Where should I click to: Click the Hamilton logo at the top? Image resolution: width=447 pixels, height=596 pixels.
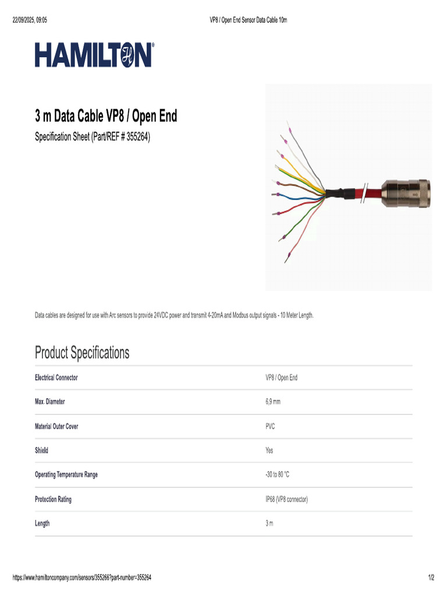(x=94, y=55)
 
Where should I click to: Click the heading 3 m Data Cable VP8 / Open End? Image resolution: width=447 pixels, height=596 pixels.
(x=105, y=116)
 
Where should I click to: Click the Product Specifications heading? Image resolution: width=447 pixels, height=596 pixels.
(x=82, y=352)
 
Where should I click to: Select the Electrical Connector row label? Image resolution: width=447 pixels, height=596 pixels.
(x=56, y=378)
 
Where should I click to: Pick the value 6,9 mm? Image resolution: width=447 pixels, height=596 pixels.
(x=273, y=402)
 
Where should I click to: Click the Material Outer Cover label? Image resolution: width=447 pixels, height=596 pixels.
(x=56, y=426)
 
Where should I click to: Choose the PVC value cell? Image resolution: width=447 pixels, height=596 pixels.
(x=270, y=426)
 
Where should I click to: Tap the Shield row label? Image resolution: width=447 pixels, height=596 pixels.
(x=41, y=450)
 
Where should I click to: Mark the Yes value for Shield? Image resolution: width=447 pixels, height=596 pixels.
(x=269, y=450)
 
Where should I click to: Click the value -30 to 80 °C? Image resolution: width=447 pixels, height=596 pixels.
(x=277, y=474)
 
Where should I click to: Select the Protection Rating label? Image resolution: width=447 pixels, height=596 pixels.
(x=53, y=499)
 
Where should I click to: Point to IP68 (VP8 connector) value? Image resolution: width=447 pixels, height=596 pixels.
(x=286, y=499)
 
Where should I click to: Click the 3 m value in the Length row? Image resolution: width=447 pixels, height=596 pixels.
(x=269, y=523)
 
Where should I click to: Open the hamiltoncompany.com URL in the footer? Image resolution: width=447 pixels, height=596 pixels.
(x=82, y=577)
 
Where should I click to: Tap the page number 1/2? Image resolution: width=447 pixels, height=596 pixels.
(x=431, y=577)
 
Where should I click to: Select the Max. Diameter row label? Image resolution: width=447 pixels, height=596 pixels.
(x=49, y=402)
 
